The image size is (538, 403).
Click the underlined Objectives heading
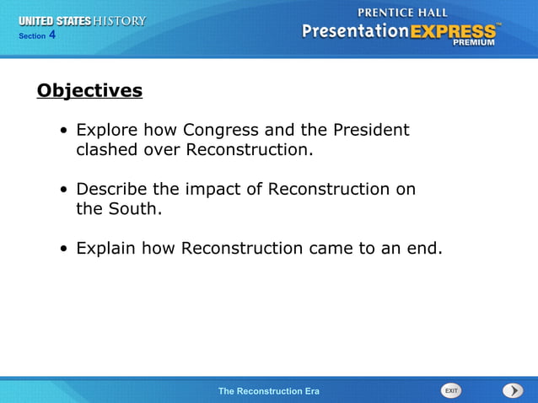click(89, 90)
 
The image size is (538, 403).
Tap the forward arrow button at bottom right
click(513, 390)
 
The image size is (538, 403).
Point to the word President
click(371, 131)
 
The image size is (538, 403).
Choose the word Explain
click(106, 249)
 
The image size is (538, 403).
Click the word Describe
click(111, 189)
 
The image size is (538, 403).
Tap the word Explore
click(106, 131)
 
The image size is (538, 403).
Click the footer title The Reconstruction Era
click(268, 391)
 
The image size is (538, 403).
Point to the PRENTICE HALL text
click(403, 13)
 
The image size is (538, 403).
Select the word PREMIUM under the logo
click(475, 42)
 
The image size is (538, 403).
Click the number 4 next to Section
click(52, 35)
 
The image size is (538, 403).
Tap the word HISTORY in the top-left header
click(120, 20)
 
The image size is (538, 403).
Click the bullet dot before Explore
click(64, 132)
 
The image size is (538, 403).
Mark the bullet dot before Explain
click(64, 250)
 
